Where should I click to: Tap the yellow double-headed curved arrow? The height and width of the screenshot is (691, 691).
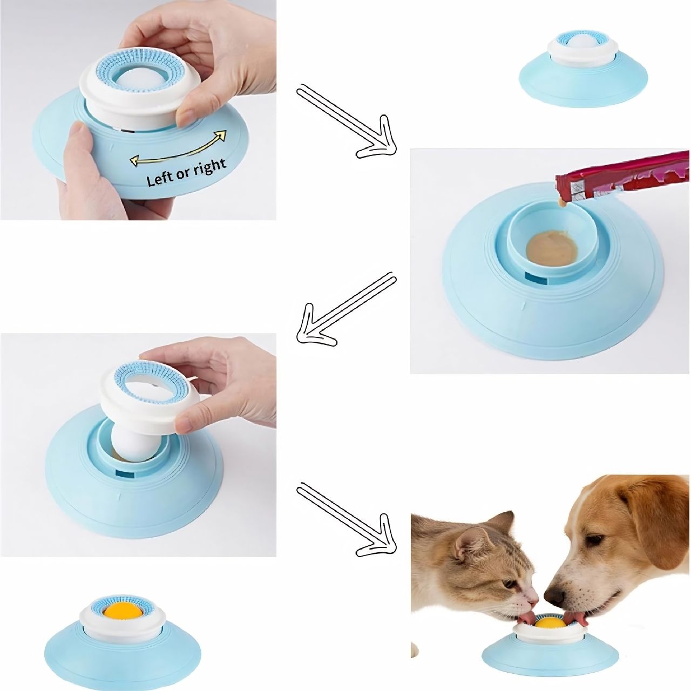pos(178,148)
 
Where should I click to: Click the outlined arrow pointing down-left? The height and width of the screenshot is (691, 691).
pos(347,309)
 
